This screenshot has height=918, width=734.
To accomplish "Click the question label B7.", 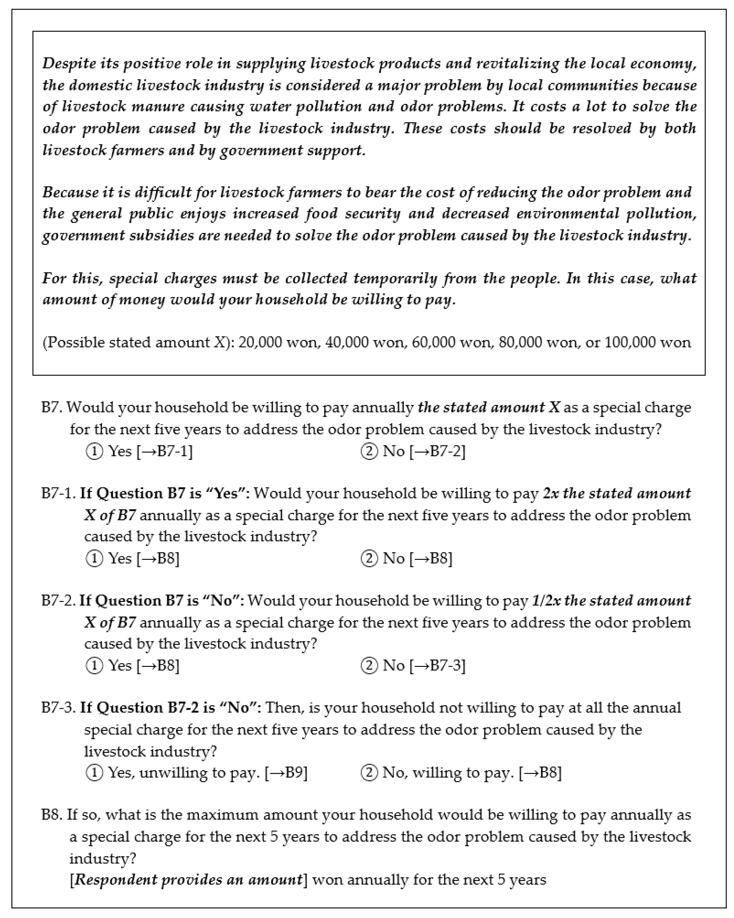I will (52, 407).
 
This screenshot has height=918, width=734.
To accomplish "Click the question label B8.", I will (52, 815).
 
